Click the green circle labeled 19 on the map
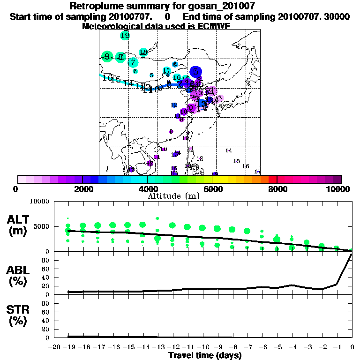tap(125, 36)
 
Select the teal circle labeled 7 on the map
tap(133, 62)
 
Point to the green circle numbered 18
tap(143, 52)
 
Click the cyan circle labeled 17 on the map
tap(167, 70)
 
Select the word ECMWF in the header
tap(213, 26)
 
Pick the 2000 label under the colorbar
tap(82, 189)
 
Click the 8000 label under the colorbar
tap(277, 189)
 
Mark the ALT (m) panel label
tap(19, 225)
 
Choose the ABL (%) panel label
tap(19, 275)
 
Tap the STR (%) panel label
tap(19, 315)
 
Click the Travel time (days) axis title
tap(205, 355)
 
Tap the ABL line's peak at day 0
tap(352, 254)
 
